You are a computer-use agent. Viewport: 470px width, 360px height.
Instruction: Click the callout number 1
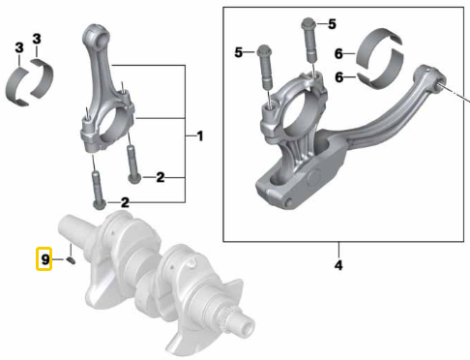[x=199, y=135]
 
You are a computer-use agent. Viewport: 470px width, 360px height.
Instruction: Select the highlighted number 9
[x=44, y=259]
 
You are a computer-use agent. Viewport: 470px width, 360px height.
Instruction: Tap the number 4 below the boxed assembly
[x=338, y=263]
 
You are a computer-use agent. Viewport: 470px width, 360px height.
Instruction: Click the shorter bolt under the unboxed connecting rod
[x=134, y=165]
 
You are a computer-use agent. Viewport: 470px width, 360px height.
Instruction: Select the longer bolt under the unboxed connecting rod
[x=97, y=189]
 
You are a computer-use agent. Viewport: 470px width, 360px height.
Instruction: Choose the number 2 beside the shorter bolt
[x=161, y=177]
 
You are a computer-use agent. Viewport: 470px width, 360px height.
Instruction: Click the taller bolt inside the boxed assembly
[x=309, y=44]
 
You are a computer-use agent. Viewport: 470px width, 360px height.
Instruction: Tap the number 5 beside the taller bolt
[x=331, y=23]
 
